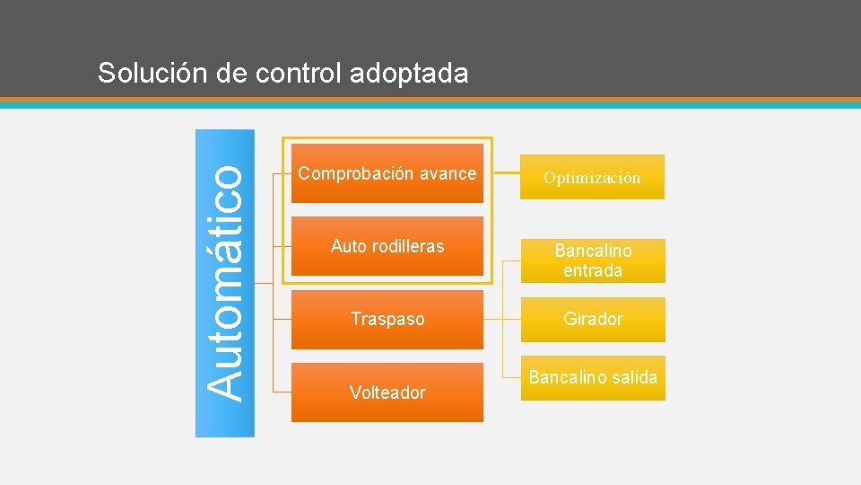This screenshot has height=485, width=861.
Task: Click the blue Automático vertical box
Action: click(224, 283)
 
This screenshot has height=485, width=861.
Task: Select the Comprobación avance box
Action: click(387, 173)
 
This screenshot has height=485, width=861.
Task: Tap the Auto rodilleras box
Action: click(387, 245)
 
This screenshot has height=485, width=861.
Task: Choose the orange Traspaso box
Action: click(387, 319)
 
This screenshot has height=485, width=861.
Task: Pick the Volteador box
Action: click(387, 392)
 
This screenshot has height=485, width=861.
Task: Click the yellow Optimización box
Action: click(593, 177)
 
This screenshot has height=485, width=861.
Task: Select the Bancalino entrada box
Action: click(593, 260)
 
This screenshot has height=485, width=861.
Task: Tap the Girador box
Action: click(593, 319)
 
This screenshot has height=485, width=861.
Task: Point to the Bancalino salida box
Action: click(593, 378)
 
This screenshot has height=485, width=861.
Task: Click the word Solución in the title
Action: click(153, 73)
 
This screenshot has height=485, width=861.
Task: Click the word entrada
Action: click(593, 270)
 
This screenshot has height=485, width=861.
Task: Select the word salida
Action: click(635, 378)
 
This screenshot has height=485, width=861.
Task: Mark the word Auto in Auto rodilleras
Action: click(347, 246)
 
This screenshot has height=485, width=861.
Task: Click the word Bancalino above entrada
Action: click(593, 251)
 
